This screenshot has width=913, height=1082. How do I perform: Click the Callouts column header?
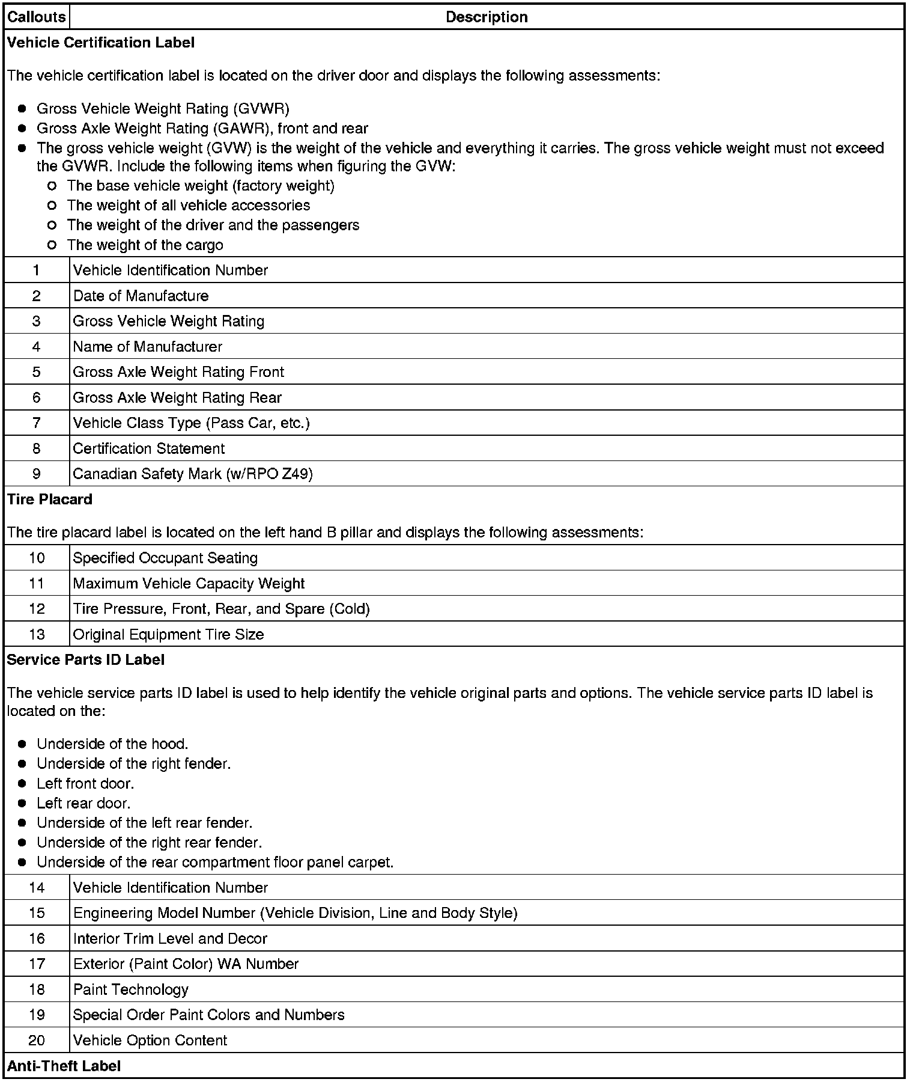point(36,17)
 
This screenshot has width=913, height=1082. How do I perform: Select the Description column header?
point(487,17)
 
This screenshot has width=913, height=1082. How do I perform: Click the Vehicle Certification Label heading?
point(101,43)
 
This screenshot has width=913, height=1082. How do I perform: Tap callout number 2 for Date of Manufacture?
point(37,296)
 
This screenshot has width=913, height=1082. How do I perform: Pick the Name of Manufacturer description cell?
point(148,347)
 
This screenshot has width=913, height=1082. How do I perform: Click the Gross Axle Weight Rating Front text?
point(178,372)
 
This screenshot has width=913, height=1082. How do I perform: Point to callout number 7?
point(37,423)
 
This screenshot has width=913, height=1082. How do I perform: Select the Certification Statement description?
point(149,448)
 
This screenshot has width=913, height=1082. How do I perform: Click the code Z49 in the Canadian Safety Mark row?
point(297,474)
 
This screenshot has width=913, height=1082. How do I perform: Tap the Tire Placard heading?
point(50,500)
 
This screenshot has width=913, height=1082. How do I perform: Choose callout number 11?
point(37,584)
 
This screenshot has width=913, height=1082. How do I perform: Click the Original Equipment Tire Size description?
point(168,635)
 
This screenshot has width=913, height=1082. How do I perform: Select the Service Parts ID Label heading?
point(86,660)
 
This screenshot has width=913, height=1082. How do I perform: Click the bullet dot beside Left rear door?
point(22,804)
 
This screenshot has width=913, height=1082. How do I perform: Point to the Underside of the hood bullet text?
point(112,744)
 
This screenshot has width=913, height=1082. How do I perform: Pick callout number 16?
point(37,939)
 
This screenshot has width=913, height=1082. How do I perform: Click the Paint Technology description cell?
point(131,989)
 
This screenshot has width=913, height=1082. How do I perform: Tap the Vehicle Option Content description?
point(150,1041)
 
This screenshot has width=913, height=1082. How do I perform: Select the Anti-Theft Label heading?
point(64,1066)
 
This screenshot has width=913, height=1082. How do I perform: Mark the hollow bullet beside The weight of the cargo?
point(52,245)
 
